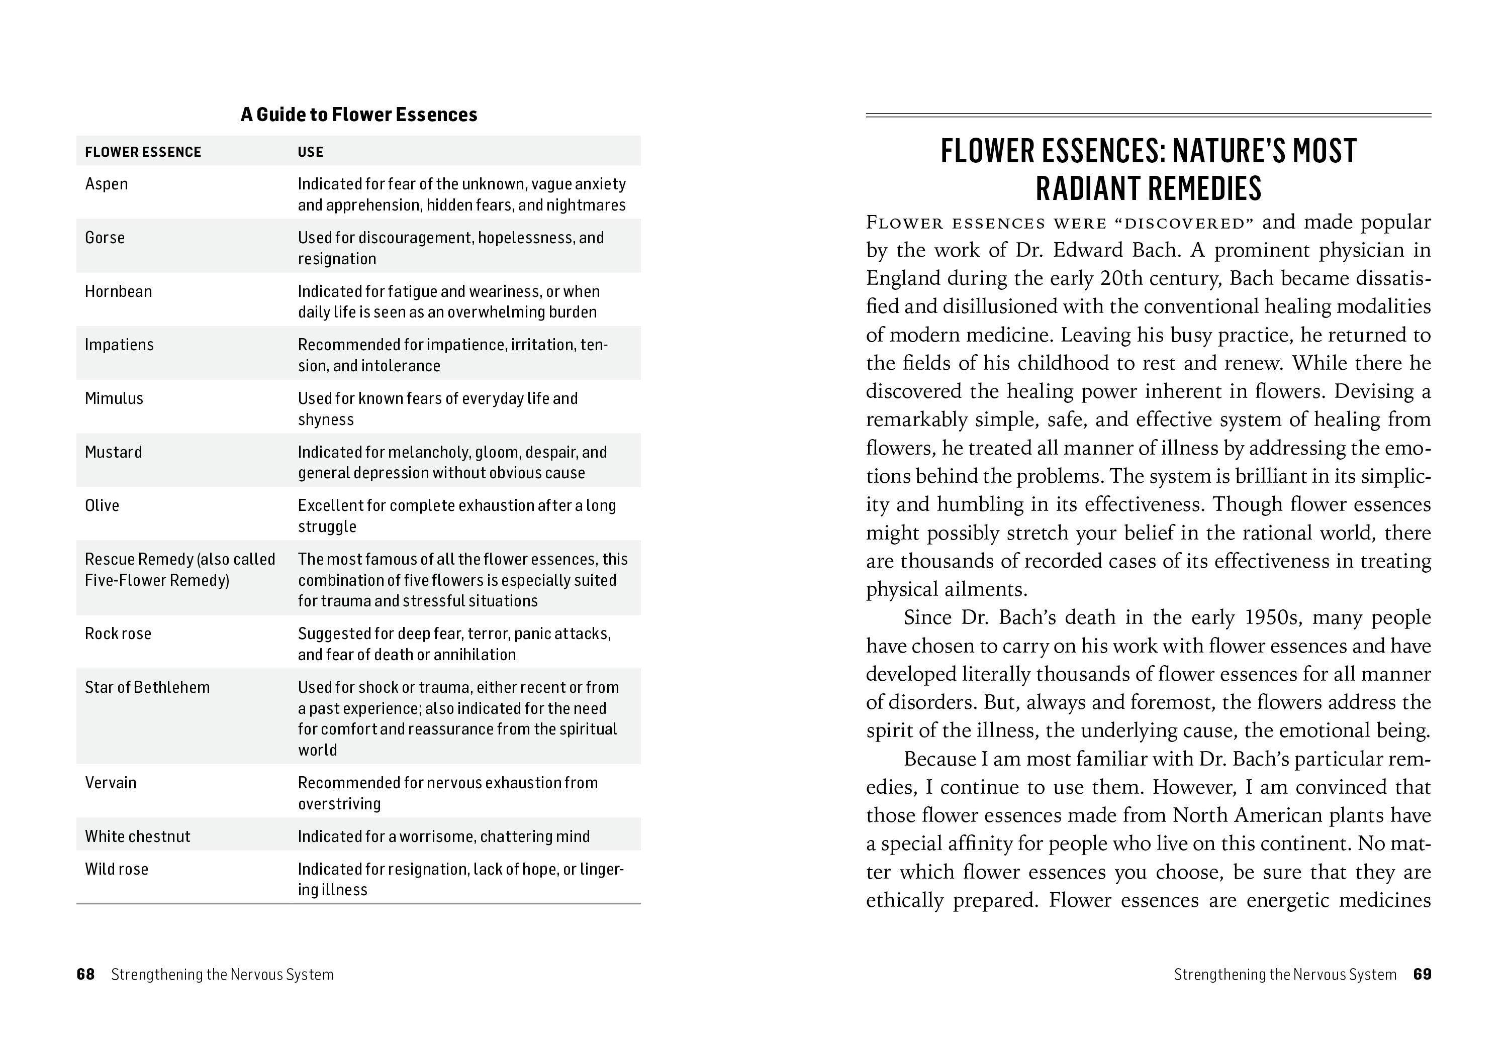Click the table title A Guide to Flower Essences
(358, 115)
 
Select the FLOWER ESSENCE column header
(143, 152)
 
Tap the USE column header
(310, 152)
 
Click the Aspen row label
(107, 184)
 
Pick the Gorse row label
(105, 238)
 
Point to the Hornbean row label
(118, 291)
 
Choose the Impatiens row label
(119, 345)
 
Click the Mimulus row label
(114, 398)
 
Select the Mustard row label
(113, 452)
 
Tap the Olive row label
(102, 505)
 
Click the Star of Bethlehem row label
(147, 687)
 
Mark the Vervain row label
(111, 783)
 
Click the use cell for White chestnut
(443, 836)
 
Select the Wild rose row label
(116, 869)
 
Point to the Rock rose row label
(118, 634)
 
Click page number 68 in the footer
(85, 974)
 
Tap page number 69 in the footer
(1422, 974)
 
